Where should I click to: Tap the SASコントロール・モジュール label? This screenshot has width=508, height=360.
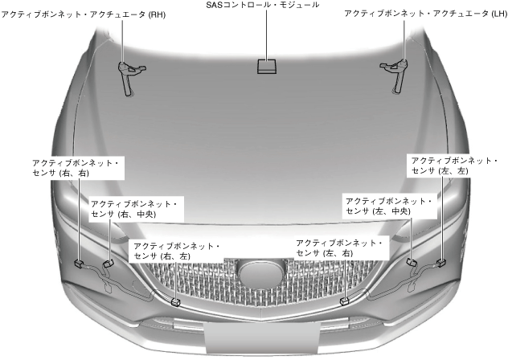263,6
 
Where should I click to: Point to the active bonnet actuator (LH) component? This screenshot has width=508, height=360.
397,73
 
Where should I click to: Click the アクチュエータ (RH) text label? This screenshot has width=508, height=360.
84,14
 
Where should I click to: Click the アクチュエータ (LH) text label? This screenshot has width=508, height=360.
426,14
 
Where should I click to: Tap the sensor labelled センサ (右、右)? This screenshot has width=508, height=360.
80,263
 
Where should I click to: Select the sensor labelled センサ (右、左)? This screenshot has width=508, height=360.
176,302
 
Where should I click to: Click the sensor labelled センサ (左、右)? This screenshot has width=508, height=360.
344,301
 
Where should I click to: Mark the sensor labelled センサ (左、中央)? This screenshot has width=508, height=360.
412,262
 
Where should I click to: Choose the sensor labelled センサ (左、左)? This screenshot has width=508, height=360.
440,262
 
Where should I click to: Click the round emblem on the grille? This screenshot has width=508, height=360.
261,275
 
